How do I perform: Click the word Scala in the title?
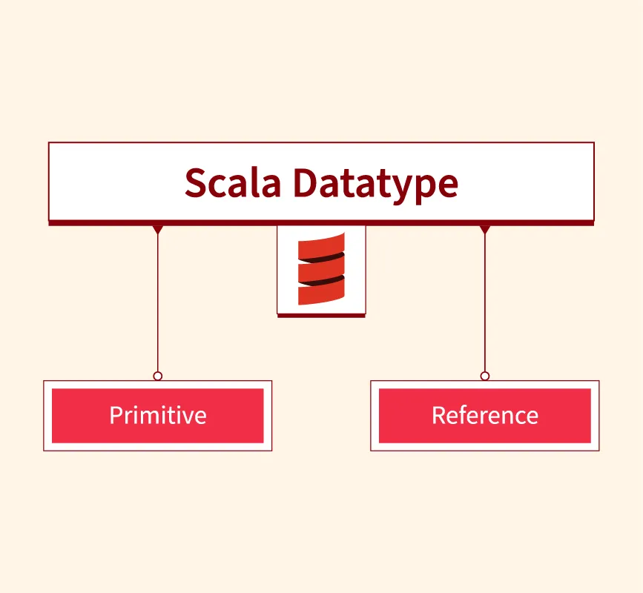(232, 182)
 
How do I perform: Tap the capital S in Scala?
(195, 182)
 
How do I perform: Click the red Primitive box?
(157, 416)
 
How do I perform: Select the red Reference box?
(484, 416)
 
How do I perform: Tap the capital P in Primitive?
(116, 415)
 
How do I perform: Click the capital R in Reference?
(438, 415)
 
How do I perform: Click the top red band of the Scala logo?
(321, 246)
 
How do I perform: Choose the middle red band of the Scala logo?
(321, 270)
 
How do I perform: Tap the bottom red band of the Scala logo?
(321, 293)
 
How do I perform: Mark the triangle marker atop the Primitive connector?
(157, 230)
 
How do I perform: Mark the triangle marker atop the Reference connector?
(484, 230)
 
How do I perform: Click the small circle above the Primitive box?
(157, 376)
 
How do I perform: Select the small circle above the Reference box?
(484, 376)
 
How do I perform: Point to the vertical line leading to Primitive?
(157, 304)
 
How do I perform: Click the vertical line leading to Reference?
(484, 304)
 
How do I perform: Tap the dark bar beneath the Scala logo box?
(321, 315)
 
